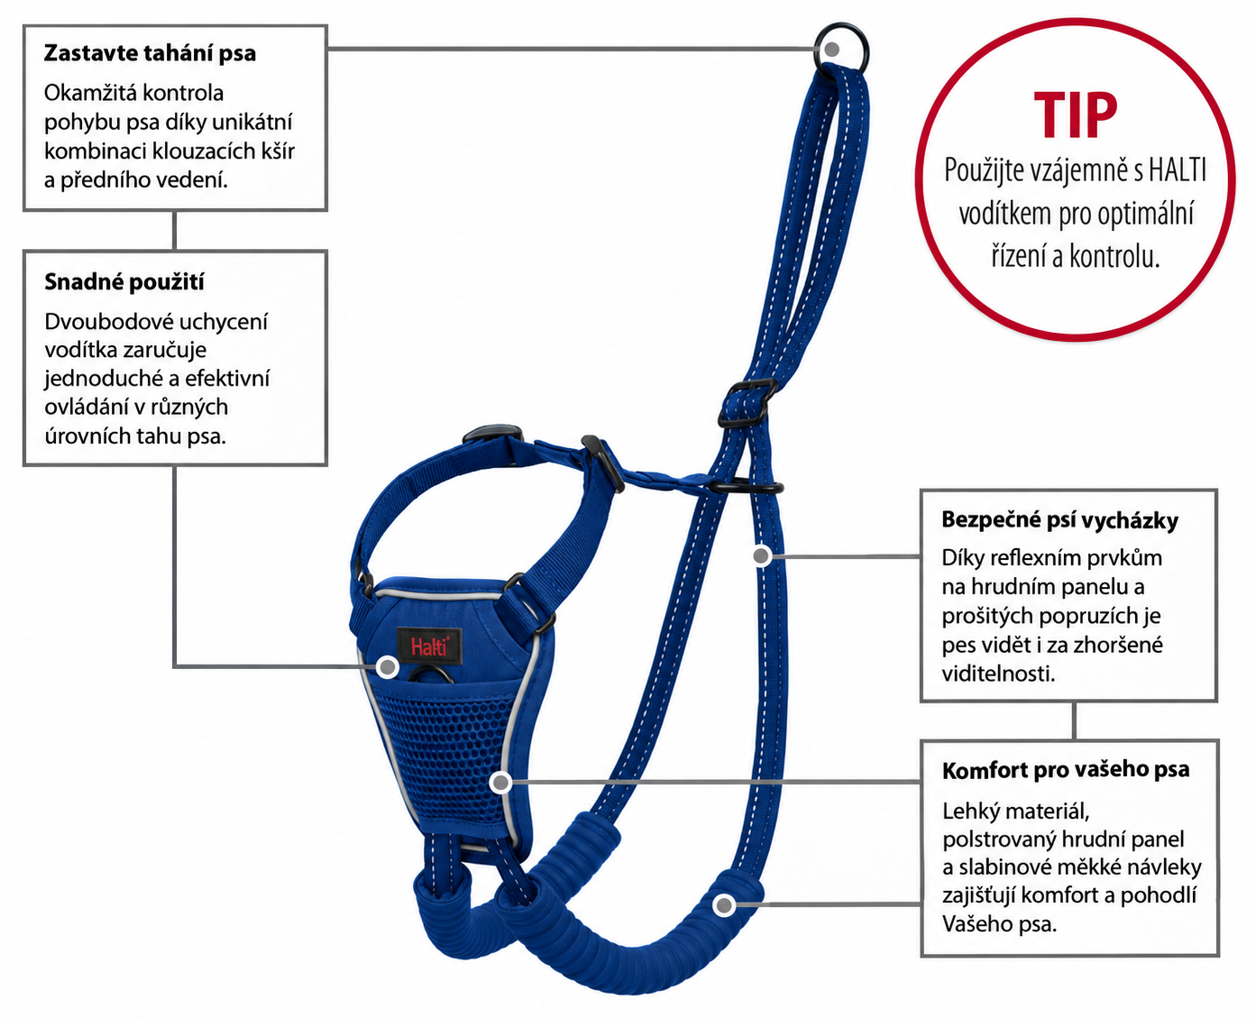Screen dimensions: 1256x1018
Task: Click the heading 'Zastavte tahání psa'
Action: [x=150, y=53]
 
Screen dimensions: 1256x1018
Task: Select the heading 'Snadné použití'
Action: [x=124, y=282]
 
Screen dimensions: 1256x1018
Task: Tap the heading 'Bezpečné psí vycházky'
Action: [x=1059, y=520]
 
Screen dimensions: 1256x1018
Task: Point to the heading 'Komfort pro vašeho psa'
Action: [x=1066, y=770]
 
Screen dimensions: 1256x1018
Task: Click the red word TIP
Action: [x=1075, y=116]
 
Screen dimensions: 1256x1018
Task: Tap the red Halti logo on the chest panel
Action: [x=428, y=646]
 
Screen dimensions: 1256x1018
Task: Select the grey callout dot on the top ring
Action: [x=831, y=50]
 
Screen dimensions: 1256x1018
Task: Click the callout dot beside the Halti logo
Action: [x=388, y=667]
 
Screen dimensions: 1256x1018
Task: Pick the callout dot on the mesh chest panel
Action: [x=500, y=783]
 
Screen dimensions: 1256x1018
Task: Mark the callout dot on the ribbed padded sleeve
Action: [x=723, y=904]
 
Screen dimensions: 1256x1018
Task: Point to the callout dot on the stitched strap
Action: [x=761, y=555]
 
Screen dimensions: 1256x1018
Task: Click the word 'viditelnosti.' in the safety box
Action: [x=998, y=674]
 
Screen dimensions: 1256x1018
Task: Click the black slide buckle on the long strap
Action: [x=747, y=403]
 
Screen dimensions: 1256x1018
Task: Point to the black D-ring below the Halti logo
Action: [x=431, y=676]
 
